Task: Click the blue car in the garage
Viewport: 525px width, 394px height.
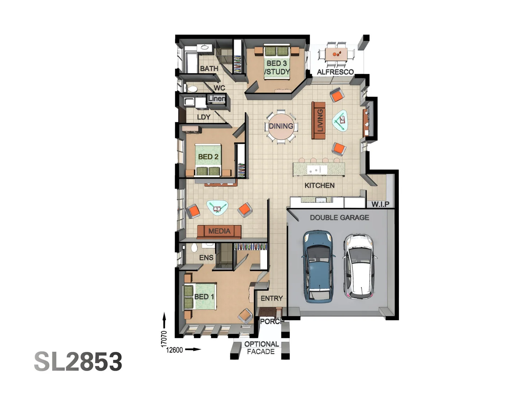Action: tap(319, 266)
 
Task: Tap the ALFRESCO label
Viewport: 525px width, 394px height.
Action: tap(335, 72)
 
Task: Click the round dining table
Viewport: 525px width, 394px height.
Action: tap(281, 126)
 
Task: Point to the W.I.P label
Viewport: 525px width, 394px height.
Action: tap(380, 204)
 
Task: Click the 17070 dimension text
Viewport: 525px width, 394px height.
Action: tap(164, 339)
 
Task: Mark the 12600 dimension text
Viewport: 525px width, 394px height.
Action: tap(174, 350)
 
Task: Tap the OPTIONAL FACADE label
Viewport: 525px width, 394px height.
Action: tap(261, 348)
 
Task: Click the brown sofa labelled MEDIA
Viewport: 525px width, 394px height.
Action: tap(219, 231)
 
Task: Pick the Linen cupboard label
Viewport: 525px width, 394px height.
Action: tap(217, 98)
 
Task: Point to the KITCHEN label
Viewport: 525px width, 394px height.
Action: tap(319, 185)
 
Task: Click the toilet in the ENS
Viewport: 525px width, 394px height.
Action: tap(194, 248)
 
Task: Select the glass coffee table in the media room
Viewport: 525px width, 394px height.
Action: tap(217, 208)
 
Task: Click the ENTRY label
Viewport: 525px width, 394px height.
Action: tap(272, 298)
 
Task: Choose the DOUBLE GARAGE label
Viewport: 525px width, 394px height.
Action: tap(339, 217)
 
